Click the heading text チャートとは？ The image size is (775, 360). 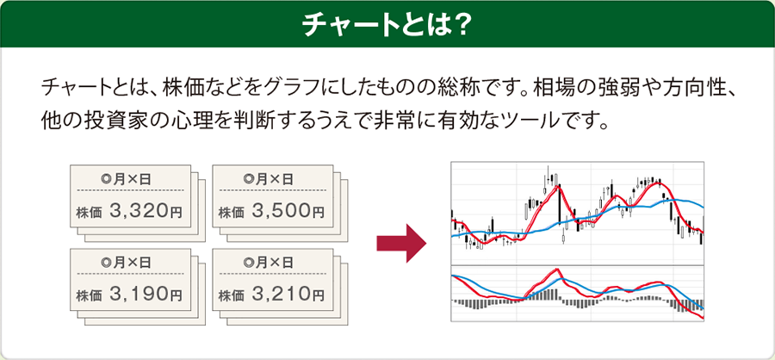(386, 25)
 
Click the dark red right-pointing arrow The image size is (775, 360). (401, 243)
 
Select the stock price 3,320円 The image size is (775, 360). (146, 212)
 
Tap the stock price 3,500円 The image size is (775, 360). (288, 212)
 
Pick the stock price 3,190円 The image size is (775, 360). (146, 295)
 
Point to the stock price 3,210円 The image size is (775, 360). (288, 295)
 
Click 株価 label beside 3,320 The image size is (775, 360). (89, 213)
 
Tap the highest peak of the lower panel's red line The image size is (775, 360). (557, 269)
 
